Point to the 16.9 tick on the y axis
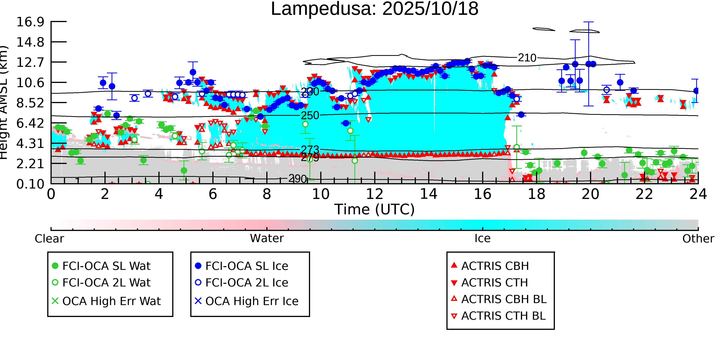coord(30,22)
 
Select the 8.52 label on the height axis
coord(30,103)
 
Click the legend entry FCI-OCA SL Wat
coord(106,266)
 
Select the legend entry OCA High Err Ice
coord(252,301)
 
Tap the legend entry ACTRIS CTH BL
coord(503,316)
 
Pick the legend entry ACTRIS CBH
coord(495,266)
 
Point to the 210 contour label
coord(527,58)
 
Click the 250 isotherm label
coord(310,115)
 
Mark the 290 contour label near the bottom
coord(298,178)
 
